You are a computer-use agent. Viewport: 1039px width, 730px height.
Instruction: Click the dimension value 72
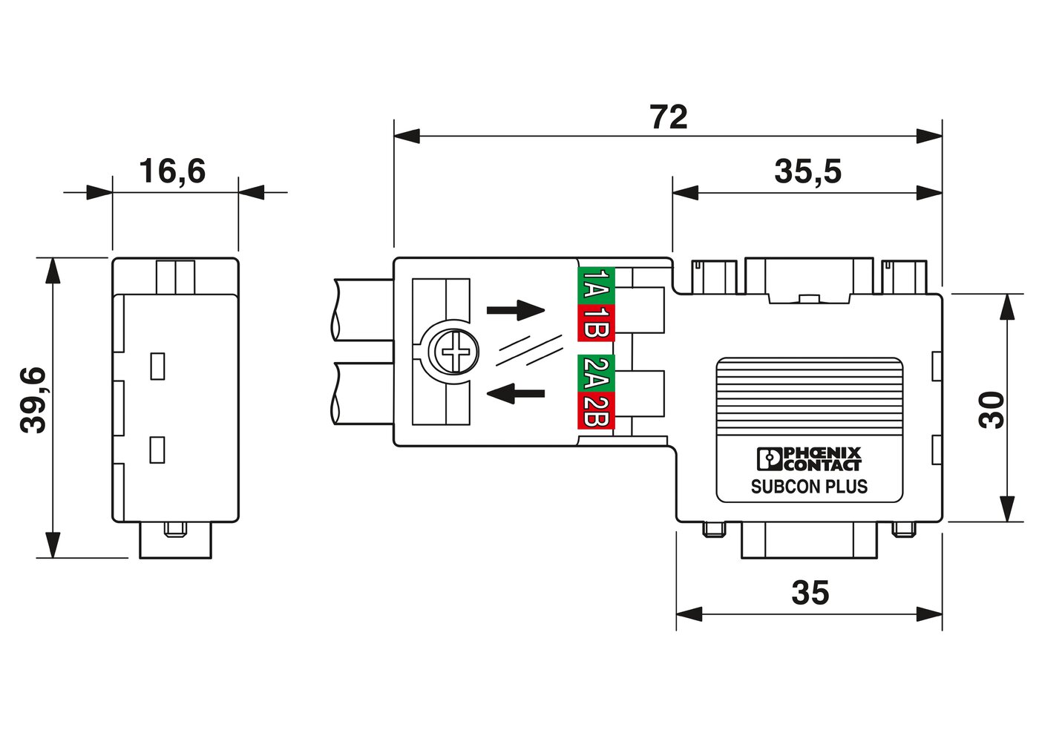coord(669,117)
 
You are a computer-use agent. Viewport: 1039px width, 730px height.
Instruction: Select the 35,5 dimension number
coord(807,171)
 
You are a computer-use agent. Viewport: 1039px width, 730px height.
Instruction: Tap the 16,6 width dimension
coord(172,171)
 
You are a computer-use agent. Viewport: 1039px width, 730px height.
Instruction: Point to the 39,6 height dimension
coord(33,401)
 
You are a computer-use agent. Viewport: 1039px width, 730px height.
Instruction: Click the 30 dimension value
coord(992,410)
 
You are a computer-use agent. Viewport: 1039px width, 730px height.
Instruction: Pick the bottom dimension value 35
coord(810,593)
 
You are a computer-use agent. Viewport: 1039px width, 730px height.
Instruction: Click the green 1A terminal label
coord(596,286)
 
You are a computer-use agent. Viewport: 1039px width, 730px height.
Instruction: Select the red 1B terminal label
coord(596,323)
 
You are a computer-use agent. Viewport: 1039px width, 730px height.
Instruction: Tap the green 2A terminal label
coord(596,373)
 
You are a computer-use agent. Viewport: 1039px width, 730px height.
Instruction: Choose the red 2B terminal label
coord(596,410)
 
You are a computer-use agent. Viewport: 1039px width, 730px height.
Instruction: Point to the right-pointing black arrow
coord(515,310)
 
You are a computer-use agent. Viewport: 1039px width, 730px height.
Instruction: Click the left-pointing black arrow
coord(515,393)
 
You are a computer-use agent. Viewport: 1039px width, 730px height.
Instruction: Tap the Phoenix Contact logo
coord(810,459)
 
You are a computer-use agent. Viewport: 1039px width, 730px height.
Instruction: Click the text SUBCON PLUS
coord(810,487)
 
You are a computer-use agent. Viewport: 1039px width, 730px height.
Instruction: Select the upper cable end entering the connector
coord(363,309)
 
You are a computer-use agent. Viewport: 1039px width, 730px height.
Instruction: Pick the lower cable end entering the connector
coord(363,393)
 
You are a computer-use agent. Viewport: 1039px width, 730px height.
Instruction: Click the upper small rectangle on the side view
coord(157,366)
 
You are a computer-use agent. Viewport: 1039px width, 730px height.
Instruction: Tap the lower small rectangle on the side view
coord(157,450)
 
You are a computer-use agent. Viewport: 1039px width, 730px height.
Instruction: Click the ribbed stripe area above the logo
coord(810,397)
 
